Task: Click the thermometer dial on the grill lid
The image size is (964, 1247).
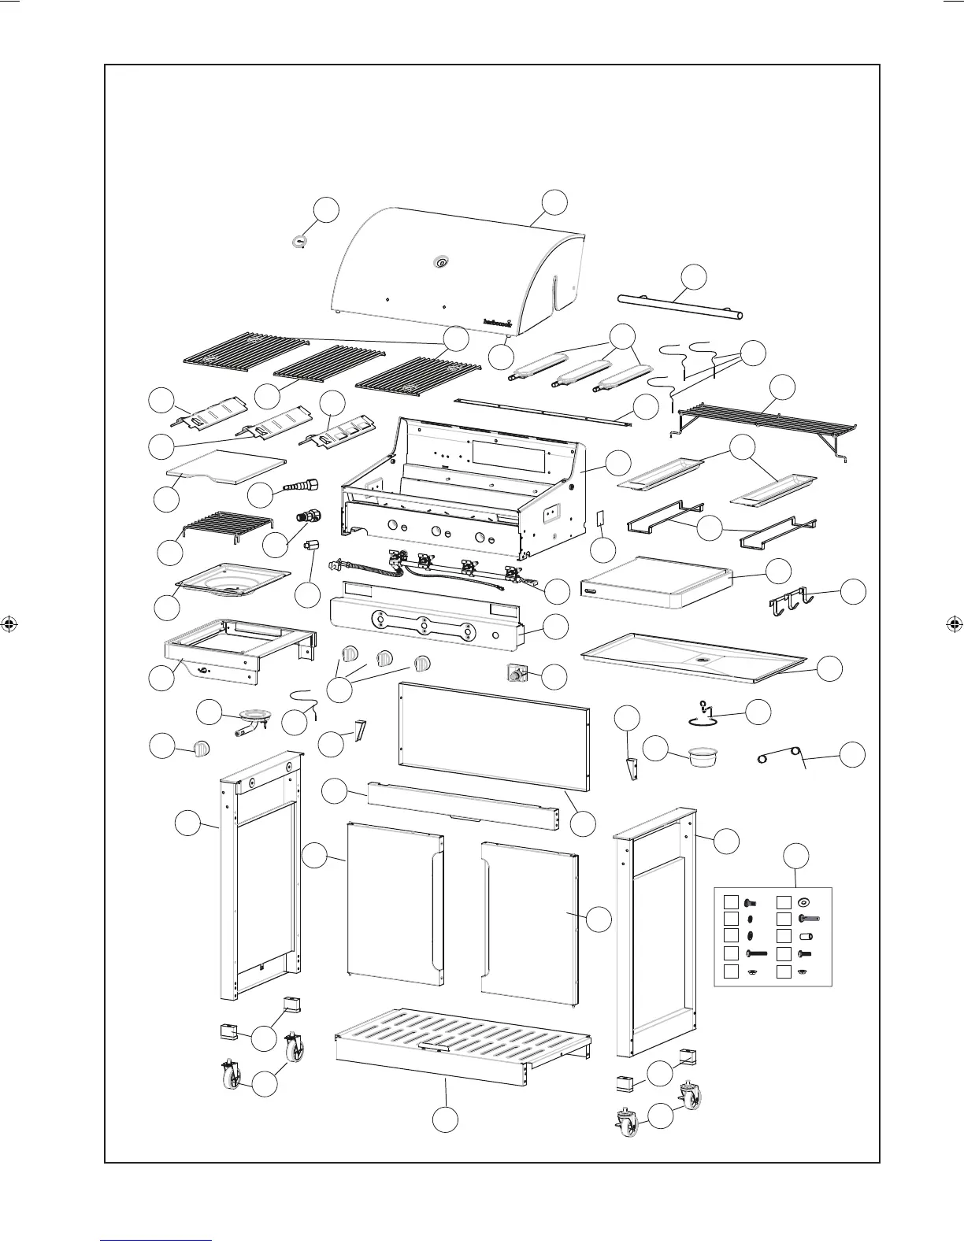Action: (x=440, y=263)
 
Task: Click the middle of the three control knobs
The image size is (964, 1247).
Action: (x=385, y=660)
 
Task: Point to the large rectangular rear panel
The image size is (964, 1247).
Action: (x=494, y=734)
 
